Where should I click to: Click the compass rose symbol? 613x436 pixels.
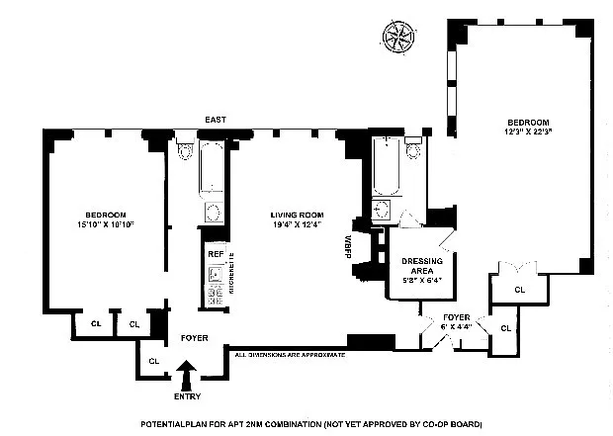coord(400,37)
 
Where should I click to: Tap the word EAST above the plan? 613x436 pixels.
coord(216,120)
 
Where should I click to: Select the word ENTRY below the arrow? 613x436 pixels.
coord(187,396)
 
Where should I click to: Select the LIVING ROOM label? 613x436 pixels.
coord(298,215)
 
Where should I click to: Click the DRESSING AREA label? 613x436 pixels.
coord(422,266)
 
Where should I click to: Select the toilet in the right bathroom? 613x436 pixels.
coord(414,151)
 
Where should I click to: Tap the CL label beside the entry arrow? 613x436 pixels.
coord(153,361)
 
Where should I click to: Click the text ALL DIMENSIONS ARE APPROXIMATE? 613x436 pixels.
coord(289,354)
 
